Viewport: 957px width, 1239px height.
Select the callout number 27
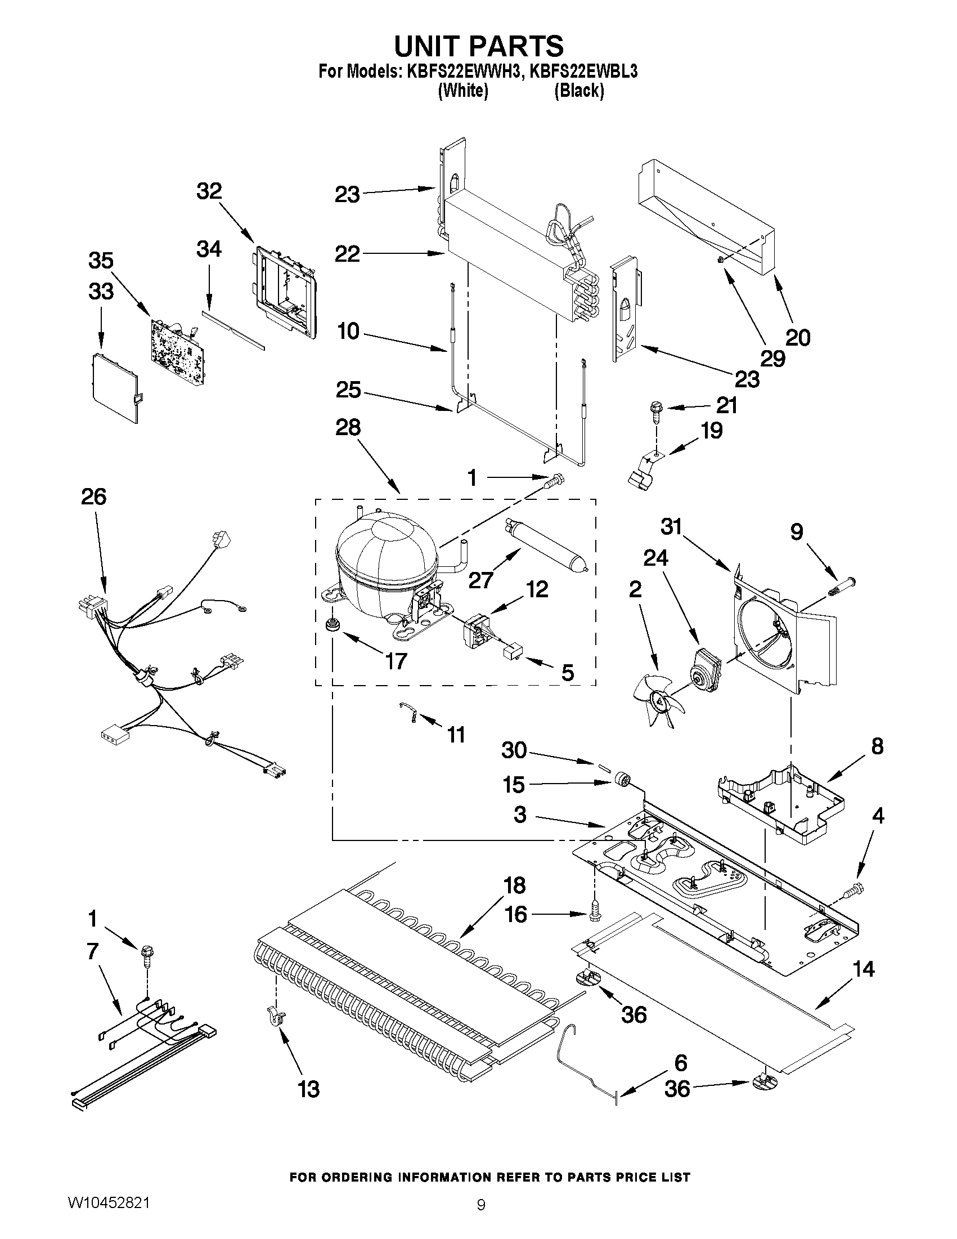tap(481, 580)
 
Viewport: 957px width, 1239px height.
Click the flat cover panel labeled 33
tap(115, 386)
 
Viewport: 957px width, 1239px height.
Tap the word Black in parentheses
tap(578, 90)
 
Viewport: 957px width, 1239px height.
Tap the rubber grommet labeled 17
tap(330, 625)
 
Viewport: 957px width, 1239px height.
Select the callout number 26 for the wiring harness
tap(93, 497)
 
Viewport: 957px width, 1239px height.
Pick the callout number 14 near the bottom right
tap(863, 969)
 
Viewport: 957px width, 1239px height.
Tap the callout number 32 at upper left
tap(209, 191)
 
